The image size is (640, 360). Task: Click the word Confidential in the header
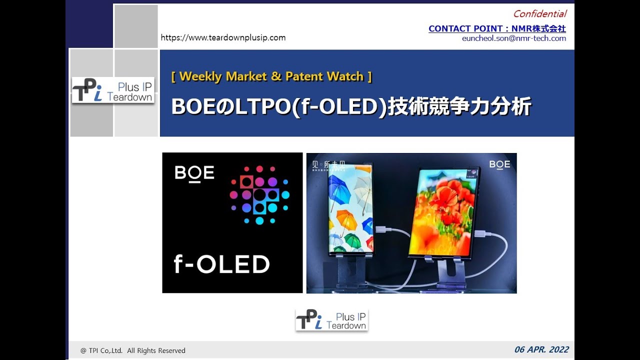click(x=539, y=14)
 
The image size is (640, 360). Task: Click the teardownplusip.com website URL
click(x=223, y=37)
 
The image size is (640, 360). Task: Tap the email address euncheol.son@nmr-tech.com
click(x=514, y=38)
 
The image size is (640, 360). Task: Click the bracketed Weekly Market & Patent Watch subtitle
click(x=271, y=76)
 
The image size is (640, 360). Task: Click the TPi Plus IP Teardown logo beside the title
click(x=113, y=90)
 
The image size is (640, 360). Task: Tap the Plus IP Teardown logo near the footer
click(x=332, y=320)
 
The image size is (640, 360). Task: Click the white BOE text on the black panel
click(x=194, y=173)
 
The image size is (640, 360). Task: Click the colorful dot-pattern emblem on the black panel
click(x=259, y=194)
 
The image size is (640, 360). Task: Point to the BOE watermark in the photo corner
click(x=499, y=164)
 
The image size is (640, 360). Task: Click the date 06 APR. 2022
click(x=541, y=349)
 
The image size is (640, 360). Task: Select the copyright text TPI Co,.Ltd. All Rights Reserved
click(x=133, y=350)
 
